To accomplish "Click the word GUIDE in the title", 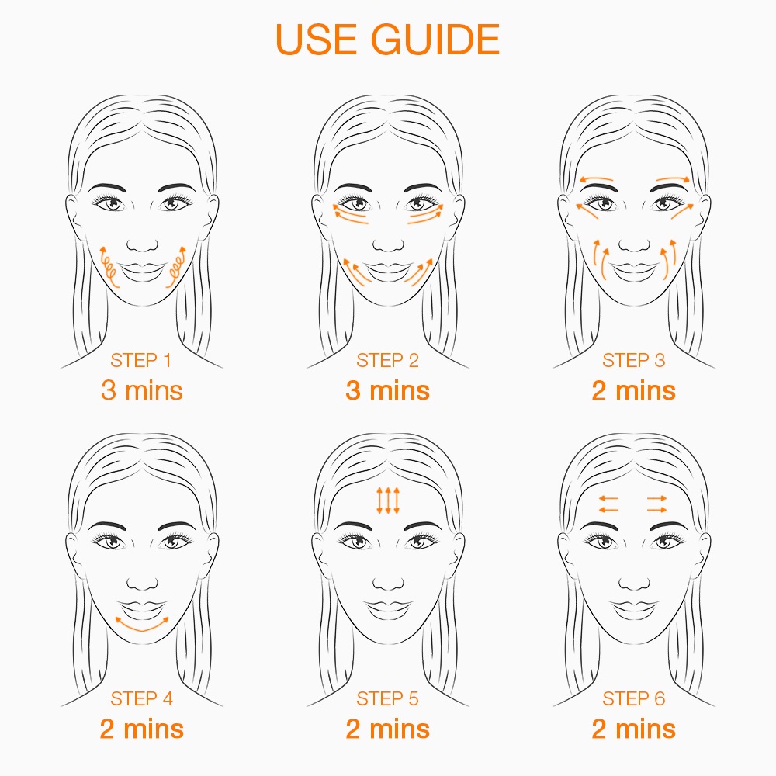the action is click(435, 39).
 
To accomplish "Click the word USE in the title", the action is click(316, 39).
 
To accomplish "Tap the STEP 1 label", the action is click(141, 360).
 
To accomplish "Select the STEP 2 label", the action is click(387, 360).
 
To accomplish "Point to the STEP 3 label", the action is click(633, 360).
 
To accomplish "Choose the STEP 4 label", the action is click(141, 699).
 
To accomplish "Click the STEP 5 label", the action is click(387, 699).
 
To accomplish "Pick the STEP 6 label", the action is click(633, 699).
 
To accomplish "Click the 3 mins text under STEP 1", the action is click(141, 390).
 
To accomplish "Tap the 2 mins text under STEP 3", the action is click(633, 390).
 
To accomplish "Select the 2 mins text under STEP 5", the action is click(387, 729).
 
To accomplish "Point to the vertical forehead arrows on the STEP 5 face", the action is click(388, 501).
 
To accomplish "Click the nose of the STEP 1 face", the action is click(142, 245).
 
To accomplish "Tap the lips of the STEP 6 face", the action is click(634, 609).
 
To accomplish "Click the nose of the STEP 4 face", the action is click(142, 584).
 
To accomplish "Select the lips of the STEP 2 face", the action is click(388, 271).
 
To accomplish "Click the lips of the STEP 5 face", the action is click(388, 609).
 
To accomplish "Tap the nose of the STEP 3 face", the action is click(634, 245).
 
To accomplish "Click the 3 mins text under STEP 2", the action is click(387, 390).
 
